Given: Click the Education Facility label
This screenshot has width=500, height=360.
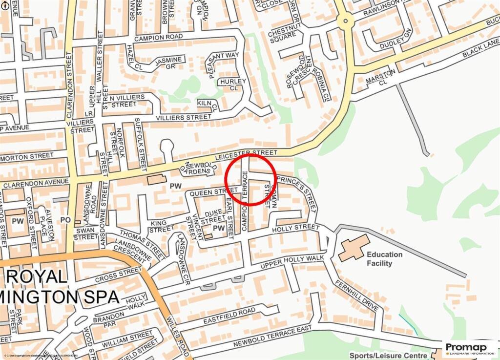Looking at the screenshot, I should click(x=385, y=259).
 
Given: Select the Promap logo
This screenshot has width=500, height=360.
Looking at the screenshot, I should click(x=470, y=349).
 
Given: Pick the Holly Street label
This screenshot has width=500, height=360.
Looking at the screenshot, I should click(x=296, y=228).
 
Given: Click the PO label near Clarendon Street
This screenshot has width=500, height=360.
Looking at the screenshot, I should click(x=65, y=220).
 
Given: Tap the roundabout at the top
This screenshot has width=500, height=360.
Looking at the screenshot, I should click(x=346, y=21).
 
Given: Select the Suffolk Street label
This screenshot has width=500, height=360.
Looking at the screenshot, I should click(x=141, y=144).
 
